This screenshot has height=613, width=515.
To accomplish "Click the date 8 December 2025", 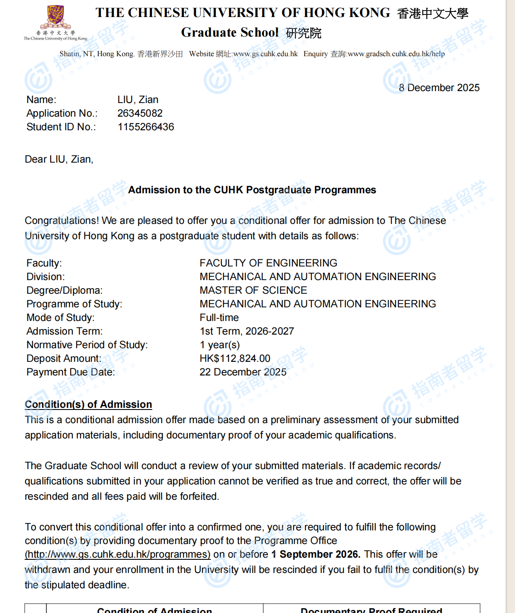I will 439,88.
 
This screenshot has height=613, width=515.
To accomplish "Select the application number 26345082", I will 140,113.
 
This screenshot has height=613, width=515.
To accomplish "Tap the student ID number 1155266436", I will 146,127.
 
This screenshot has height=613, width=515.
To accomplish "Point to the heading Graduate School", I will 230,32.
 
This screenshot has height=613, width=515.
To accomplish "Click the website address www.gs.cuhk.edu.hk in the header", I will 266,54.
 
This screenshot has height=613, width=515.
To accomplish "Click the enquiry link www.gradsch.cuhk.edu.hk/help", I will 396,54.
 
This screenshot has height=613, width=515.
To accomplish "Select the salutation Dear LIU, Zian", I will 59,159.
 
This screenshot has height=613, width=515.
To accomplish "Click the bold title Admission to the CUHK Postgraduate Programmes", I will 252,190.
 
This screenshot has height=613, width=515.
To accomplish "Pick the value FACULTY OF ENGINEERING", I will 268,263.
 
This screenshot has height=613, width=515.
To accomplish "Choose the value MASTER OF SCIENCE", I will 253,290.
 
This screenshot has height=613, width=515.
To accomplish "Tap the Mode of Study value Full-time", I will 219,318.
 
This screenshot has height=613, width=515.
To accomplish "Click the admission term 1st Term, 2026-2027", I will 247,331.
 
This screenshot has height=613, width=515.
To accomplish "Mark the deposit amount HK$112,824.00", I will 235,358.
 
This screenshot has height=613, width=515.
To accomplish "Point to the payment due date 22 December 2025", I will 243,372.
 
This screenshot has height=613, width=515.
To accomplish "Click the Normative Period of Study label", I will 87,345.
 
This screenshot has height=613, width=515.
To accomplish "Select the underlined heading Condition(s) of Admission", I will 88,404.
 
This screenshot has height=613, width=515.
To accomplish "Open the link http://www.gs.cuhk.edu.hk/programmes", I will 117,554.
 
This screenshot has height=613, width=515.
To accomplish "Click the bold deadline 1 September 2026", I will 316,554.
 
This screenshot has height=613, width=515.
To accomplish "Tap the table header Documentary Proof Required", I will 371,610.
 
